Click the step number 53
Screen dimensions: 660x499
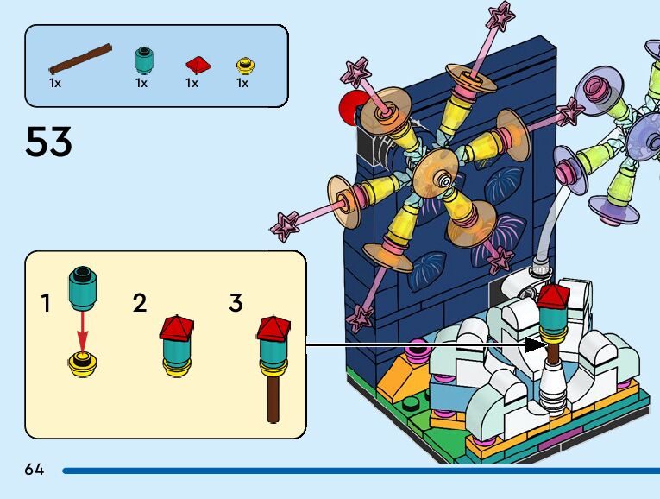48,141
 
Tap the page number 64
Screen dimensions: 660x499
35,470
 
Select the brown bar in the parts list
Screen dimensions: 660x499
81,57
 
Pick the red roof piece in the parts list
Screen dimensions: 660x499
197,64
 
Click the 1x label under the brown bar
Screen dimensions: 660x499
55,84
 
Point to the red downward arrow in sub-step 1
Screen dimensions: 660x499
82,329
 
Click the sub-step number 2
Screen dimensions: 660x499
140,304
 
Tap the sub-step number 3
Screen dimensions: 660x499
236,304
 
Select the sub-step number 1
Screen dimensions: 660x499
46,304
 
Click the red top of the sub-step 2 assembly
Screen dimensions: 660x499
176,327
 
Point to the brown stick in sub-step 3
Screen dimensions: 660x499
273,398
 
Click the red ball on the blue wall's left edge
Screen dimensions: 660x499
352,108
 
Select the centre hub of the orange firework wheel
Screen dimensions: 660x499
443,179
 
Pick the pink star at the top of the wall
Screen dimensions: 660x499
501,16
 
